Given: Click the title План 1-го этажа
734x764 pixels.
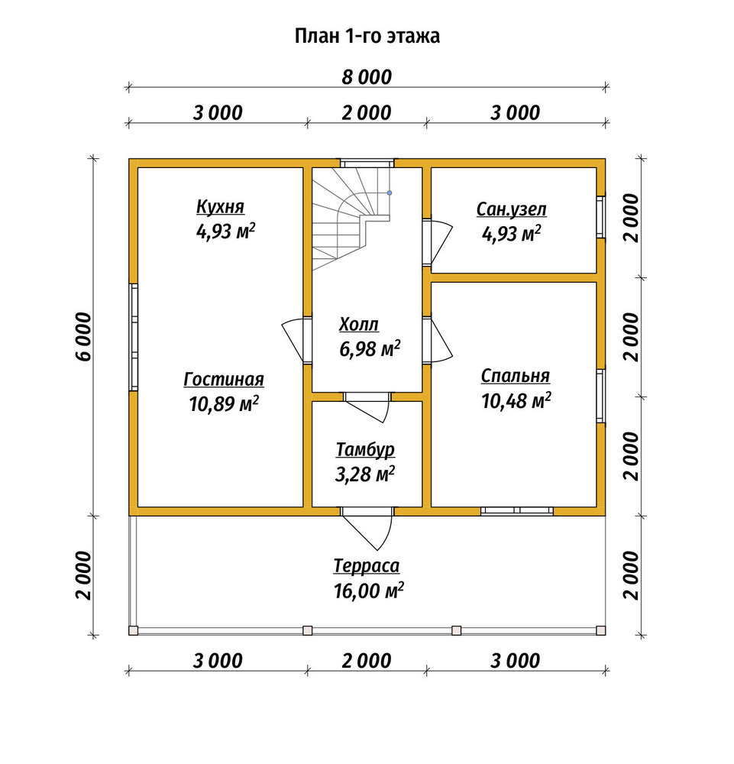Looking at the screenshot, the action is (x=367, y=36).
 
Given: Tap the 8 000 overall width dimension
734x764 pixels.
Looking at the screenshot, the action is (x=367, y=77).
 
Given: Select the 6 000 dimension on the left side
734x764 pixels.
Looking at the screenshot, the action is (x=84, y=337).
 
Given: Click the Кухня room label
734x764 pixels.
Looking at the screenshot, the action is (x=220, y=206).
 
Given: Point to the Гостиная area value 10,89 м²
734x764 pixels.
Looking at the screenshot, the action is (x=224, y=403).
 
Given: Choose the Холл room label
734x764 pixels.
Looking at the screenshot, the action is (x=359, y=324).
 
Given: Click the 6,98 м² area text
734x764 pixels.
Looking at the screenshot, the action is (x=370, y=348).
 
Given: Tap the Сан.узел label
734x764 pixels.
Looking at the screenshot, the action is (x=512, y=209).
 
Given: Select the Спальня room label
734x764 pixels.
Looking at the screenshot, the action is (x=516, y=376).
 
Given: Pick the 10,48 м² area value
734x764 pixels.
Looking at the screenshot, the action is (x=516, y=400).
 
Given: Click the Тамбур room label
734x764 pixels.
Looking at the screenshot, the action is (x=365, y=450).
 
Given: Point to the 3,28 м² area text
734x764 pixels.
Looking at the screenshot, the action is (x=365, y=474).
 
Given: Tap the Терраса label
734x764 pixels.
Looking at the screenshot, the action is (x=367, y=565).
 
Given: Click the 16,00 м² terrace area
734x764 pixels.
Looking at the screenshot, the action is (x=369, y=591).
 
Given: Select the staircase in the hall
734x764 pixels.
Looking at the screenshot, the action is (x=351, y=219).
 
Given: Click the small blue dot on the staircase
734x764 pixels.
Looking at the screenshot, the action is (x=390, y=193).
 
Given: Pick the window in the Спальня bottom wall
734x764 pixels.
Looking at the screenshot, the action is (x=517, y=511).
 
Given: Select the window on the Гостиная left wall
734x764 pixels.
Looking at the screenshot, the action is (x=134, y=337).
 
